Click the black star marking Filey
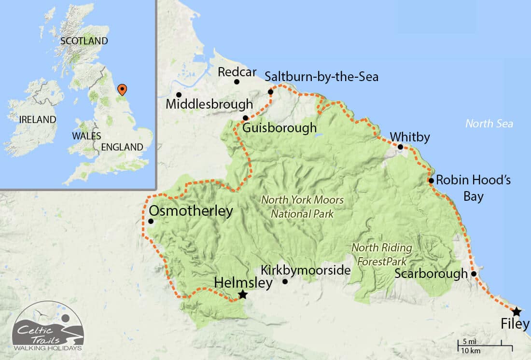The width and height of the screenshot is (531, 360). [517, 311]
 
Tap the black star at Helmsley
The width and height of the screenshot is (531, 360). [243, 294]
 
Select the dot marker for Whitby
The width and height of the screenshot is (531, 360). [400, 147]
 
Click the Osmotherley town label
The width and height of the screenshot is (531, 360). [191, 211]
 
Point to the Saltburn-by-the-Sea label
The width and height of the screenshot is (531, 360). [321, 77]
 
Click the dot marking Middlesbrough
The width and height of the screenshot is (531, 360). [179, 95]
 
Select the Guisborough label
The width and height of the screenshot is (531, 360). [279, 128]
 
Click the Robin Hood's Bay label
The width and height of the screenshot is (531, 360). [466, 188]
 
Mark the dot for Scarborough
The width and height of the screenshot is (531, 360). [474, 274]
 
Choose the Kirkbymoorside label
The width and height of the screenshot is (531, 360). [305, 270]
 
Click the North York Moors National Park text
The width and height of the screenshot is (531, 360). [302, 207]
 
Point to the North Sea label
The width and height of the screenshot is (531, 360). [489, 124]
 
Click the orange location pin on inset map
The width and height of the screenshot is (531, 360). [123, 89]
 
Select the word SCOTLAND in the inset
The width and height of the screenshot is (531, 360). [84, 41]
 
